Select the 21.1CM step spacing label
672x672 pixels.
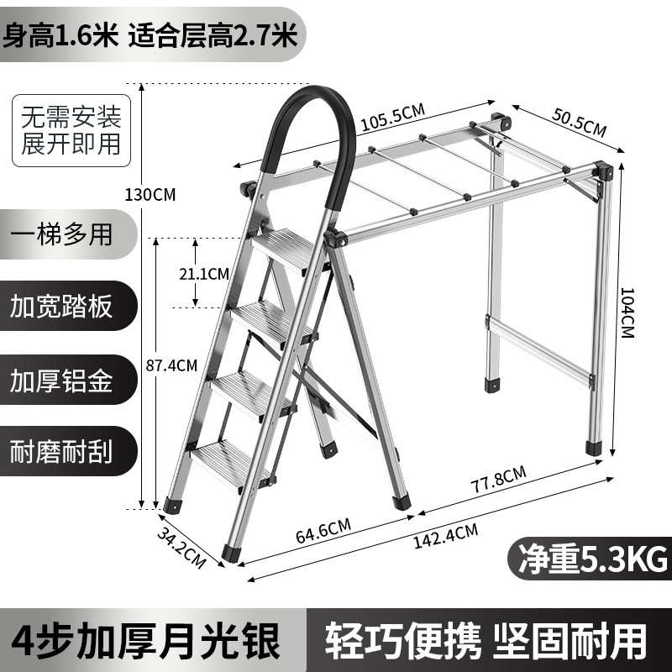[x=205, y=273]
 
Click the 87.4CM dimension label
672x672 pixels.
[x=171, y=365]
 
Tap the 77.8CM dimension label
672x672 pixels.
[x=498, y=485]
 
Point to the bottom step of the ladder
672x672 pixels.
[x=227, y=461]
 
